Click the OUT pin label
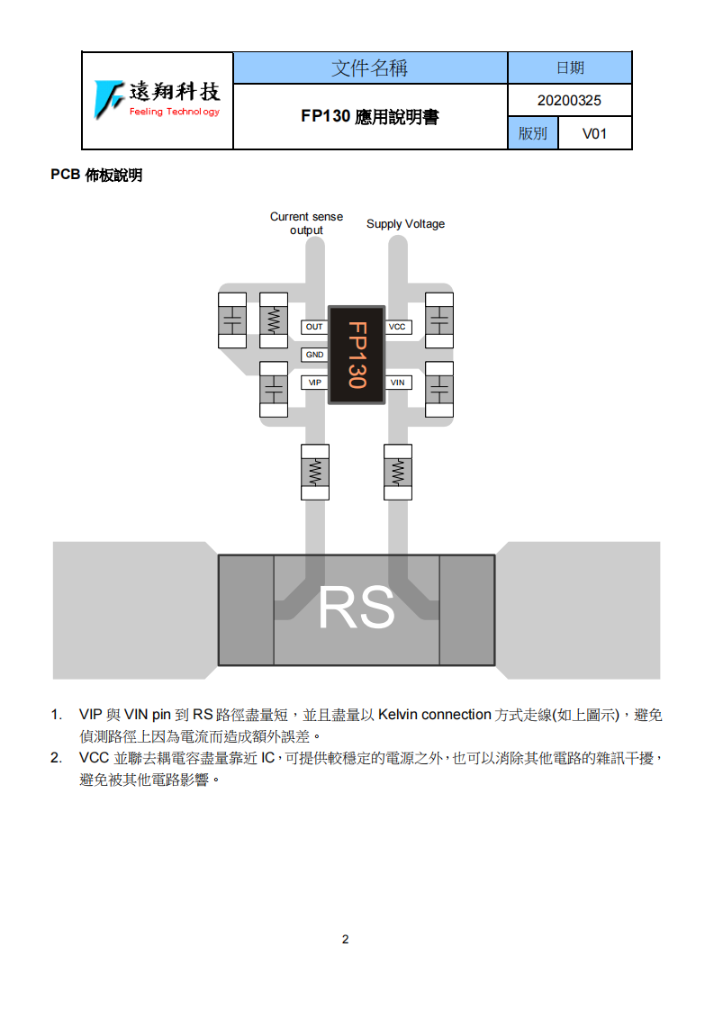(314, 328)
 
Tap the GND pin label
(314, 355)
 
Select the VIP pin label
(314, 383)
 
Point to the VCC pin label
(398, 328)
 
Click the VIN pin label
(398, 383)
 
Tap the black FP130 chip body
(357, 355)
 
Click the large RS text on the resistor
(357, 608)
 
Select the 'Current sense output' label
(306, 223)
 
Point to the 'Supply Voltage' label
(405, 224)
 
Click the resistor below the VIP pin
(315, 473)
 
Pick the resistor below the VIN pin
(398, 473)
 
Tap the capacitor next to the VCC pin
(439, 320)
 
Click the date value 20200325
(569, 101)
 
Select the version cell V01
(594, 133)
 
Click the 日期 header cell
(570, 68)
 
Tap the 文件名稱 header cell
(370, 68)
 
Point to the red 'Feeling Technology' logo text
(174, 112)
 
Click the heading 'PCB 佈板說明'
(96, 175)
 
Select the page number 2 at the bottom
(346, 939)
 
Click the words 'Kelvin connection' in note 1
(434, 715)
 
